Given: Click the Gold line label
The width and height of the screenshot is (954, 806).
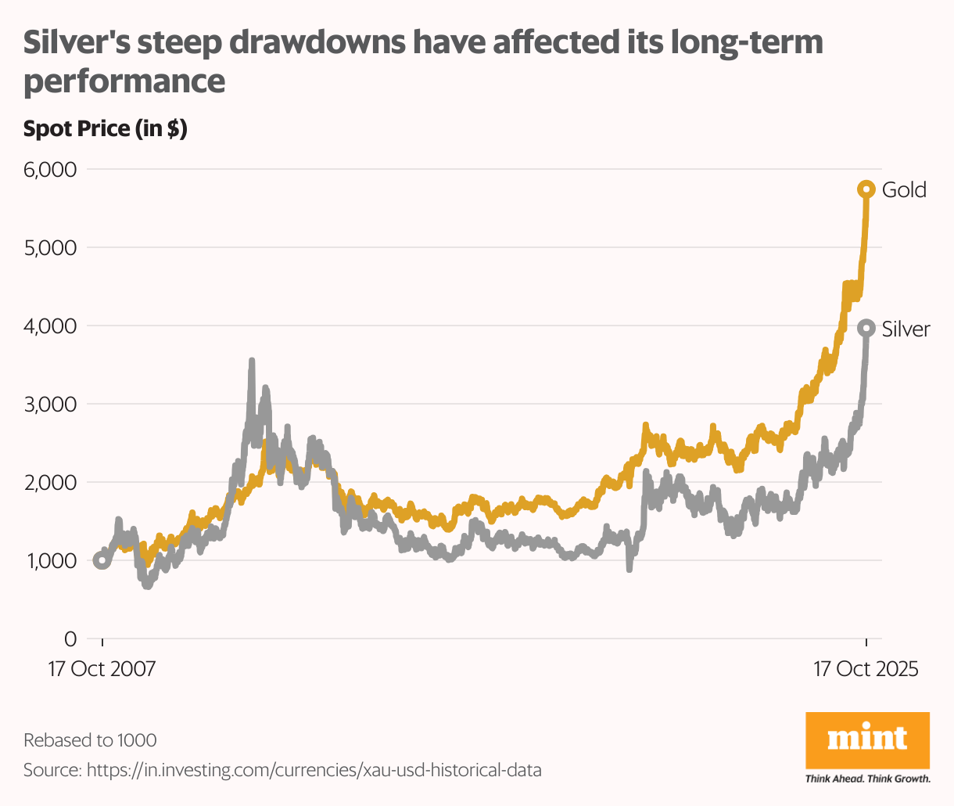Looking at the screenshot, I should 904,190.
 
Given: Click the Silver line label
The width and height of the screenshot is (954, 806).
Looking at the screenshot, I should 906,329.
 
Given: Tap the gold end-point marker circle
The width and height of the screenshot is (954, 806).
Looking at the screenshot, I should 866,189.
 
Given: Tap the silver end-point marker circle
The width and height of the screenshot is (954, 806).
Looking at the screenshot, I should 866,329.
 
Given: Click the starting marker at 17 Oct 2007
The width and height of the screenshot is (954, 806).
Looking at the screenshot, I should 102,560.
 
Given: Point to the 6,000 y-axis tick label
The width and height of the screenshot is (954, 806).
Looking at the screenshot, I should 48,170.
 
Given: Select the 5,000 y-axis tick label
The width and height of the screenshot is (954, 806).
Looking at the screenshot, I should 48,248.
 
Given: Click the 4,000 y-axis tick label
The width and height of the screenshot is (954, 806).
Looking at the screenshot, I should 48,326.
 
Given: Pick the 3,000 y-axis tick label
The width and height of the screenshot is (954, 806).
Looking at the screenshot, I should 48,405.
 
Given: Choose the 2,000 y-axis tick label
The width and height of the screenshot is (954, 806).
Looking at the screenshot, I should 48,483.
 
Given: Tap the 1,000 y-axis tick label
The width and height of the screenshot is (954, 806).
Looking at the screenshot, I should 50,561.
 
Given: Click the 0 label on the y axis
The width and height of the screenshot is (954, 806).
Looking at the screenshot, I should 70,639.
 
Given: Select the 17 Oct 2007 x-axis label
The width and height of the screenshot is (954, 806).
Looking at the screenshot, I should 102,670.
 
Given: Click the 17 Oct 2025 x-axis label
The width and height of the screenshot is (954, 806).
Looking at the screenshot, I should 866,670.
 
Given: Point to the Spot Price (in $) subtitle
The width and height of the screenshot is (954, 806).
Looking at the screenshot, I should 105,129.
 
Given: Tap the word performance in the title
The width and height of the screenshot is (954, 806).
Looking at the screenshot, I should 124,81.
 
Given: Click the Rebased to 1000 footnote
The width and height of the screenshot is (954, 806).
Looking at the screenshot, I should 90,740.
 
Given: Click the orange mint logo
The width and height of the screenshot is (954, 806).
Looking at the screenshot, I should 867,739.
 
